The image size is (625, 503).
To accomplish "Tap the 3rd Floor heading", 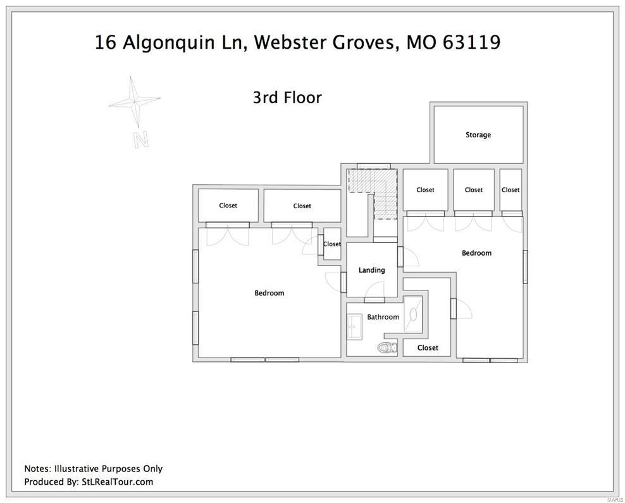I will click(x=287, y=97).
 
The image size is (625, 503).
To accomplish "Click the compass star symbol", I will click(x=133, y=101).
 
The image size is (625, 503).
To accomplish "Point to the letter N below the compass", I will click(x=141, y=139).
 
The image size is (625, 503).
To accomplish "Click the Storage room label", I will click(x=478, y=135).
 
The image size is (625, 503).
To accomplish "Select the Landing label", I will click(x=371, y=270).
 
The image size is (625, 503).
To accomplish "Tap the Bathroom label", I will click(x=383, y=317).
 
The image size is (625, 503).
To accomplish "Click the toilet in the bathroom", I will click(x=387, y=347).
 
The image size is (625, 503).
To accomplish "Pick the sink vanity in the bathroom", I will click(x=354, y=326).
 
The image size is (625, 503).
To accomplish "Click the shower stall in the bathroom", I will click(x=413, y=313).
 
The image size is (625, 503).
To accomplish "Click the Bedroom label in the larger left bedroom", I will click(x=269, y=293).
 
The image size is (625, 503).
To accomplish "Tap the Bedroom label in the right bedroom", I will click(x=476, y=253).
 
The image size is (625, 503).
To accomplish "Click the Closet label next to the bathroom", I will click(x=428, y=347).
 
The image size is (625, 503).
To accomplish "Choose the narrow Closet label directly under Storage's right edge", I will click(x=511, y=190).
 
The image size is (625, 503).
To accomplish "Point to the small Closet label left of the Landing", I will click(x=331, y=244).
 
